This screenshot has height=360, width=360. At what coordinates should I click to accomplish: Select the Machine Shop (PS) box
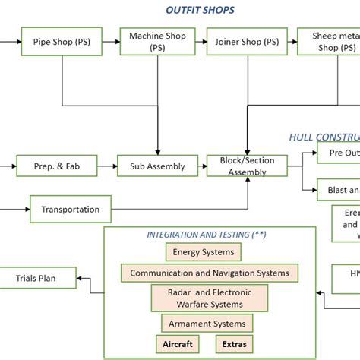coord(157,42)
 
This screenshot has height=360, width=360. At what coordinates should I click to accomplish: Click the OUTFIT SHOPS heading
coord(200,10)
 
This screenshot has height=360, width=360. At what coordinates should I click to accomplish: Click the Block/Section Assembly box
coord(247,166)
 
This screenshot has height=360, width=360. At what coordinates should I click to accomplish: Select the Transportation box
coord(70,209)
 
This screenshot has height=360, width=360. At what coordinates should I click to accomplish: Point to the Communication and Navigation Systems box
coord(210,273)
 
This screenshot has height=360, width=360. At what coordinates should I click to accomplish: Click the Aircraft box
coord(177,344)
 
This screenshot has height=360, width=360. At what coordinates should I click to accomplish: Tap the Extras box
coord(234,344)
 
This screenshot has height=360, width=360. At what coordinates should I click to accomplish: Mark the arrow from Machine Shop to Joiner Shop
coord(200,42)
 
